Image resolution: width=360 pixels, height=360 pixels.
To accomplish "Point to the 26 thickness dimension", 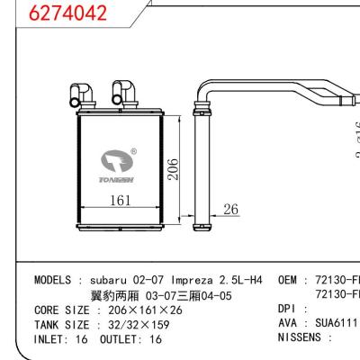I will point(231,210).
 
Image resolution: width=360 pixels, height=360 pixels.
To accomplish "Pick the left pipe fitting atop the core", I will point(78,93).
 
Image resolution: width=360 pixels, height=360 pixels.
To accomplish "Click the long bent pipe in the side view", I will point(270,88).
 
